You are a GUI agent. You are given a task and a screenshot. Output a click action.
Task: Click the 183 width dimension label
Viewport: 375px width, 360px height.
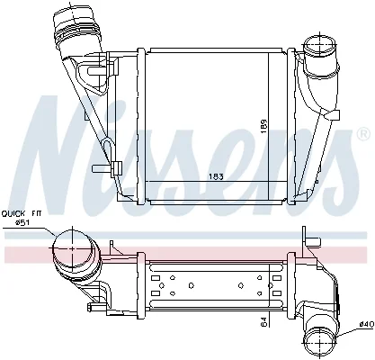tap(216, 176)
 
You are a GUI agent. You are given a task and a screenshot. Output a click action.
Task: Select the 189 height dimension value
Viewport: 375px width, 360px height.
tap(263, 127)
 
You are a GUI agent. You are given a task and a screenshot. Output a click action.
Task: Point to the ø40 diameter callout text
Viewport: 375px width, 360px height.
tap(367, 325)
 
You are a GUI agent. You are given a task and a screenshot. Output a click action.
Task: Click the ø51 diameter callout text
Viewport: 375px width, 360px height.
tap(22, 222)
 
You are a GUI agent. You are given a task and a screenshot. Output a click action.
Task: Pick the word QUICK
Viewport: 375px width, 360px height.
tap(13, 213)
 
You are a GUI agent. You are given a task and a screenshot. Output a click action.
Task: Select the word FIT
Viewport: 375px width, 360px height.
tap(37, 213)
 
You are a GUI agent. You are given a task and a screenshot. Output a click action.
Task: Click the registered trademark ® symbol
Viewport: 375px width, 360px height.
tap(363, 135)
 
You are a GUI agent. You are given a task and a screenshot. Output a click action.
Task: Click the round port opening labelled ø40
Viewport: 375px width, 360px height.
tap(320, 343)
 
